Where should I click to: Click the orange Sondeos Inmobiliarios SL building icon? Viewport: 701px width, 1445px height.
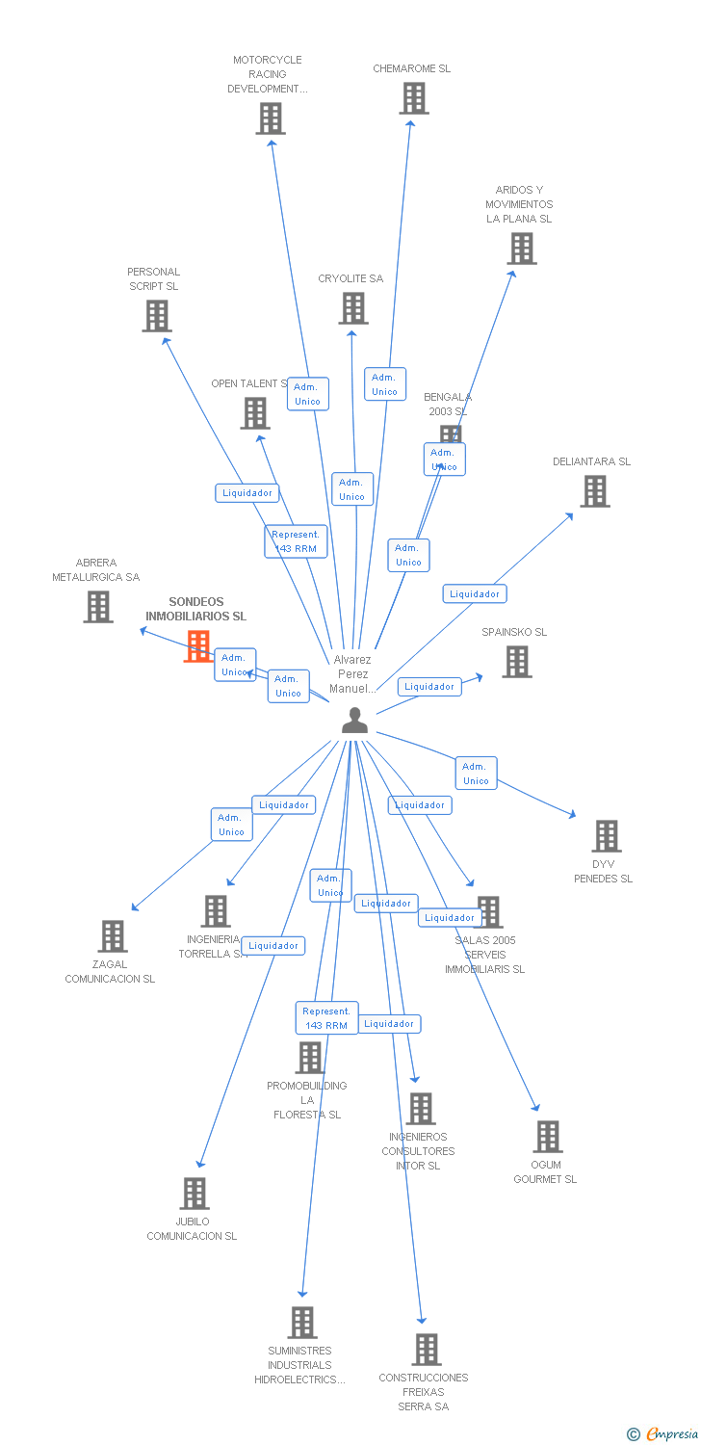click(197, 646)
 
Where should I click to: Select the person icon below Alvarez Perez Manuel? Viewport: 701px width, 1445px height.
click(354, 720)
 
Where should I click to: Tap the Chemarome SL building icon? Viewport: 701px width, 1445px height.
click(414, 98)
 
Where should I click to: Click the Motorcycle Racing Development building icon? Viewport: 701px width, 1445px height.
click(271, 118)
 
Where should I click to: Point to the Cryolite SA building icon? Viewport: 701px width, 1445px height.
click(353, 308)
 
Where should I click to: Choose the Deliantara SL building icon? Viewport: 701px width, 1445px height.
click(594, 491)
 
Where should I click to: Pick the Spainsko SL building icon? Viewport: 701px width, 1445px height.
click(517, 662)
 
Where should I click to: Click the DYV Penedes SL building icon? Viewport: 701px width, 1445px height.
click(606, 836)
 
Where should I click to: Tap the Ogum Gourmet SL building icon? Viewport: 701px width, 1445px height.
click(548, 1137)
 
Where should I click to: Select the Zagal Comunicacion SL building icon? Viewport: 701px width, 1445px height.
click(113, 936)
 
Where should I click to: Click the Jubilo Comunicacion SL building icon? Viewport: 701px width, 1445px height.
click(195, 1194)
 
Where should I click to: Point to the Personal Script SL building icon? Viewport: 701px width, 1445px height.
click(156, 316)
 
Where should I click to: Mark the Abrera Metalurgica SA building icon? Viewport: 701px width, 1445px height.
click(97, 607)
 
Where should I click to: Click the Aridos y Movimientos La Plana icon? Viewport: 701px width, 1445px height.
click(522, 249)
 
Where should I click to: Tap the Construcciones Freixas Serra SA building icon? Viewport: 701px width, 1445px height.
click(427, 1350)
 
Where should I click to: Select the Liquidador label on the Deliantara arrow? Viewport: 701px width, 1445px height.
click(475, 594)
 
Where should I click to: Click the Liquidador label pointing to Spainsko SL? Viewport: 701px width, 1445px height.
click(429, 687)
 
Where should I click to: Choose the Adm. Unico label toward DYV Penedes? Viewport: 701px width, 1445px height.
click(476, 774)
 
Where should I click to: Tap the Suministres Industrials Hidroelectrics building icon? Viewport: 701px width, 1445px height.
click(302, 1323)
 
